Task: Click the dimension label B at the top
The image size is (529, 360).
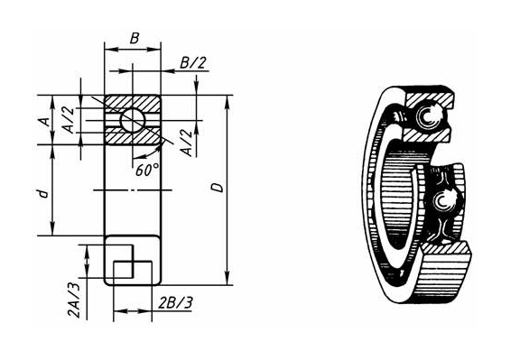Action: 135,38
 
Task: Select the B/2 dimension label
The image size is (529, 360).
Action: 192,62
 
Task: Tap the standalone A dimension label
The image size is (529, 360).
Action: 45,121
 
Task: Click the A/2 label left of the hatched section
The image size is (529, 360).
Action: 68,120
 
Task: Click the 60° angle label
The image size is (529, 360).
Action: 147,171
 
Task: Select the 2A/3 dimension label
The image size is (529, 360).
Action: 74,300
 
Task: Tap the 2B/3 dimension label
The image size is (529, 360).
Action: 176,302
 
